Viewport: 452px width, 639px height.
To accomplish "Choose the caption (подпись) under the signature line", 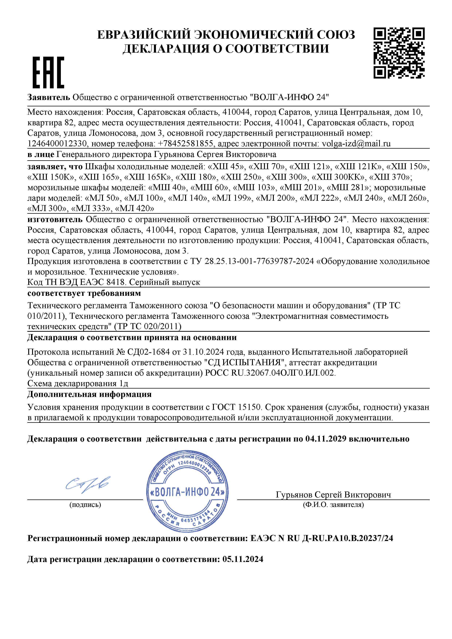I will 85,504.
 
